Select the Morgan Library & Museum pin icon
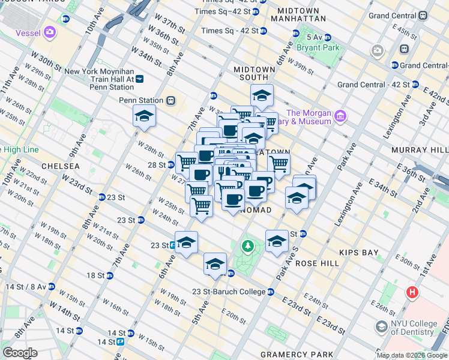(340, 115)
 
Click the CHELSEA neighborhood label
(60, 166)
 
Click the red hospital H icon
(412, 293)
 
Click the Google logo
(20, 352)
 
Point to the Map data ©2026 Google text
(411, 355)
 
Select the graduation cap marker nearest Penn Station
(144, 116)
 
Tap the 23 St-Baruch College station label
(228, 292)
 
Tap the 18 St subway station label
(95, 275)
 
